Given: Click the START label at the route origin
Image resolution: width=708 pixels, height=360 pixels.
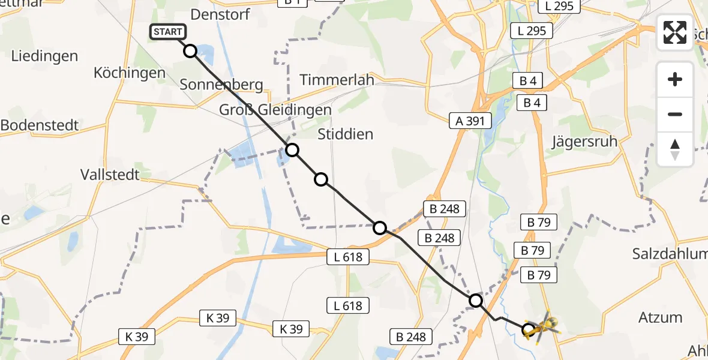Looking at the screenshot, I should tap(168, 32).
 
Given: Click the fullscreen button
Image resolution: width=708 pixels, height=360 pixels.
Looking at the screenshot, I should tap(675, 32).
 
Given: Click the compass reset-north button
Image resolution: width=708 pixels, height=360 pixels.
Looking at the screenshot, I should tap(675, 149).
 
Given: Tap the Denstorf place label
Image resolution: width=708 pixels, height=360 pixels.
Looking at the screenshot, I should tap(220, 14).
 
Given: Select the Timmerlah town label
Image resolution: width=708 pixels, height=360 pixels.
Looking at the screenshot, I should tap(337, 80).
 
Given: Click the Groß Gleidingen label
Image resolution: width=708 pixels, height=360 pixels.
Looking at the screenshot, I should tap(275, 110).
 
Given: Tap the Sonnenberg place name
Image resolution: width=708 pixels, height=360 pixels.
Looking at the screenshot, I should tap(221, 85).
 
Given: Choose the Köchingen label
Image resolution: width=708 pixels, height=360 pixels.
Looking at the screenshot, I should tap(129, 73).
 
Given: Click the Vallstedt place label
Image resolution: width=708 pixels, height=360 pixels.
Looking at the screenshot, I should tap(110, 175).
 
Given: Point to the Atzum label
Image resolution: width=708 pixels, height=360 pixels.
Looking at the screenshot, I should tap(661, 317).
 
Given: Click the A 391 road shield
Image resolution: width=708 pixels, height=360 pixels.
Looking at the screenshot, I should tap(470, 121).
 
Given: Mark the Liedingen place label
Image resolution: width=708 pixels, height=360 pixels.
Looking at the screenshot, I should tap(44, 56).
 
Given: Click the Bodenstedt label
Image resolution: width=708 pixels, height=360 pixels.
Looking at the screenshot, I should tap(40, 126).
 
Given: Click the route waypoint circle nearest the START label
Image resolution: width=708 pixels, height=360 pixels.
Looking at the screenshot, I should tap(190, 51).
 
